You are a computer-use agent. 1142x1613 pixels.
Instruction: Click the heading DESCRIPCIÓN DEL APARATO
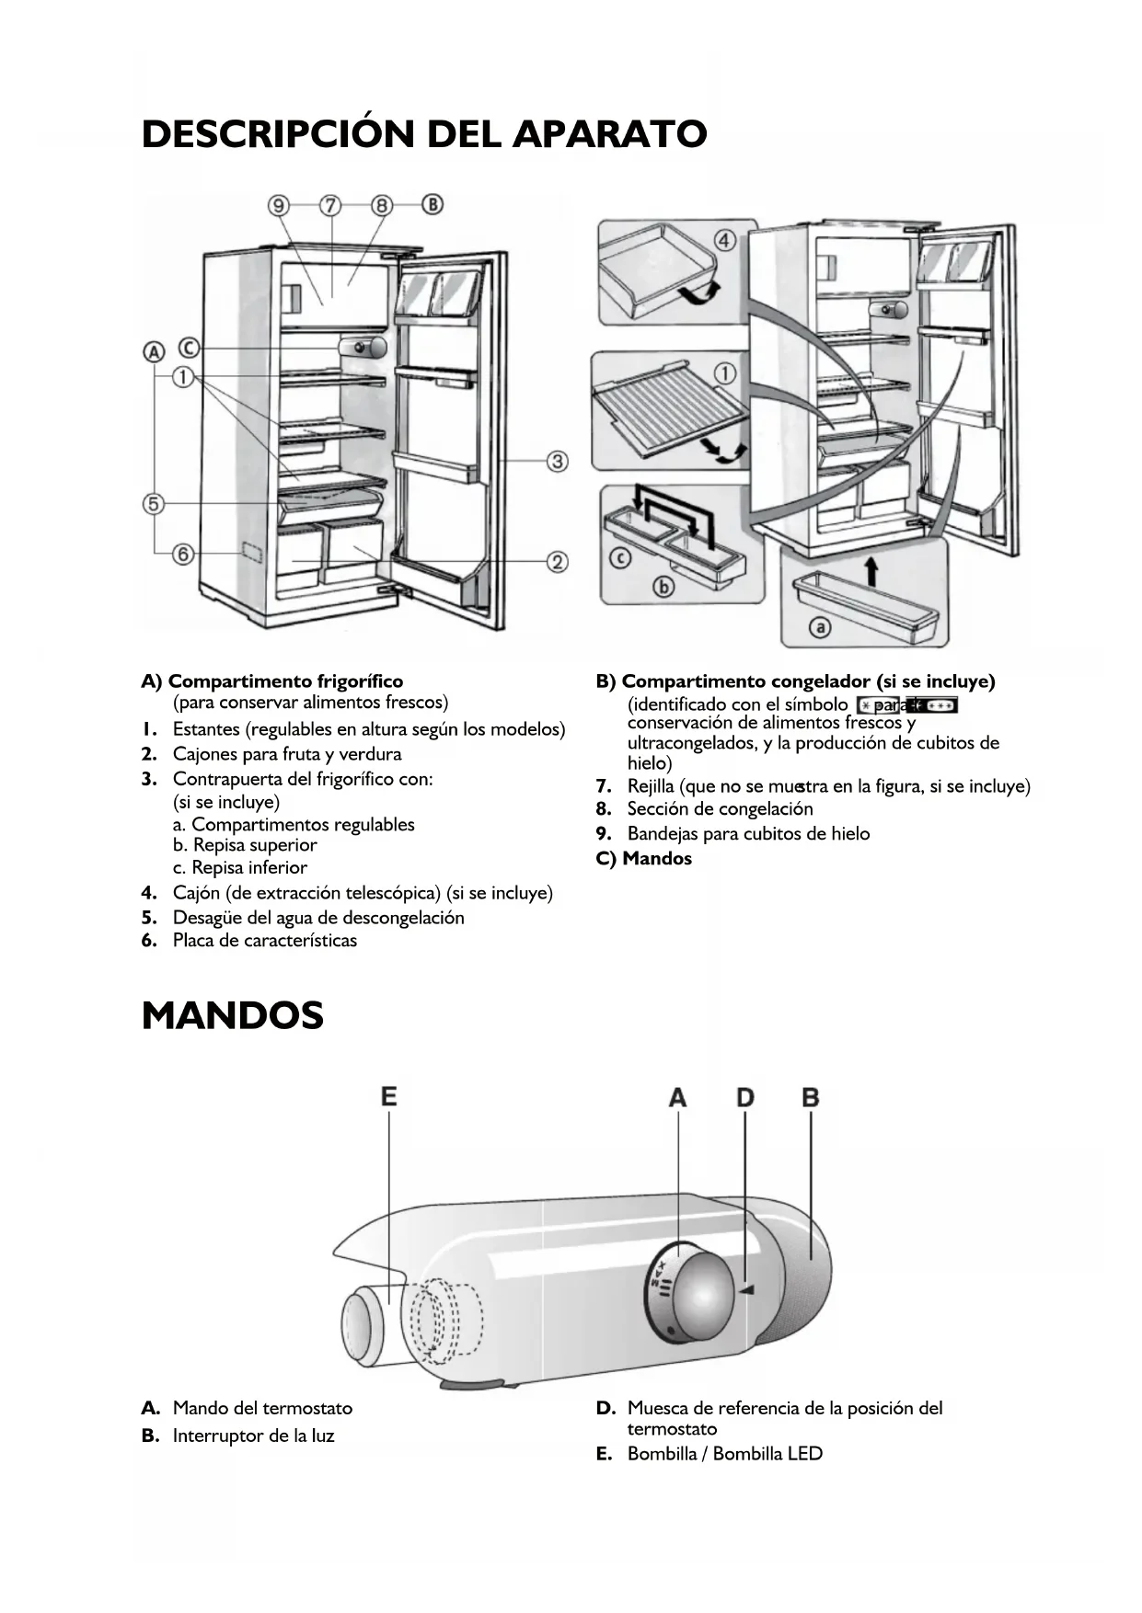424,134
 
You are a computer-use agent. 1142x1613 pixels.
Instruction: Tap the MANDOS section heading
233,1016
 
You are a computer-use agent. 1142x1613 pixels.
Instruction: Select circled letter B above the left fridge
433,204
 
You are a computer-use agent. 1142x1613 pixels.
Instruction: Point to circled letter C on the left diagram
188,349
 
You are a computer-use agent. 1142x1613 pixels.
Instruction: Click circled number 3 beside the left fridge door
557,461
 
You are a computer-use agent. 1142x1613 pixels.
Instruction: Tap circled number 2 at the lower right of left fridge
557,561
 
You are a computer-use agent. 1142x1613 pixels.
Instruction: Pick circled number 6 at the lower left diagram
184,554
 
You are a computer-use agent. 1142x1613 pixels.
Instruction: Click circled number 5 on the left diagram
154,504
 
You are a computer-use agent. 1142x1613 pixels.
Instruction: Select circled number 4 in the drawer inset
725,241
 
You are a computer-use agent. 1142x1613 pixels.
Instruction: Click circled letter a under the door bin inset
819,627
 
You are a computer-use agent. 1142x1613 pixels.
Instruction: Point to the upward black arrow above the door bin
871,570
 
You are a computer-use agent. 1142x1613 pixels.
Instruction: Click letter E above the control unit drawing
388,1096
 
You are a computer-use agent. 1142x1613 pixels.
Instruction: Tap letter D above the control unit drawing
744,1097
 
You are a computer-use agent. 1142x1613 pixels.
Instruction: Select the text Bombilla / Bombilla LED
724,1454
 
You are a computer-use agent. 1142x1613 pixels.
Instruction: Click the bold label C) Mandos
644,858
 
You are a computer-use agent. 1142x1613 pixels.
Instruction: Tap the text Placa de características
264,940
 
